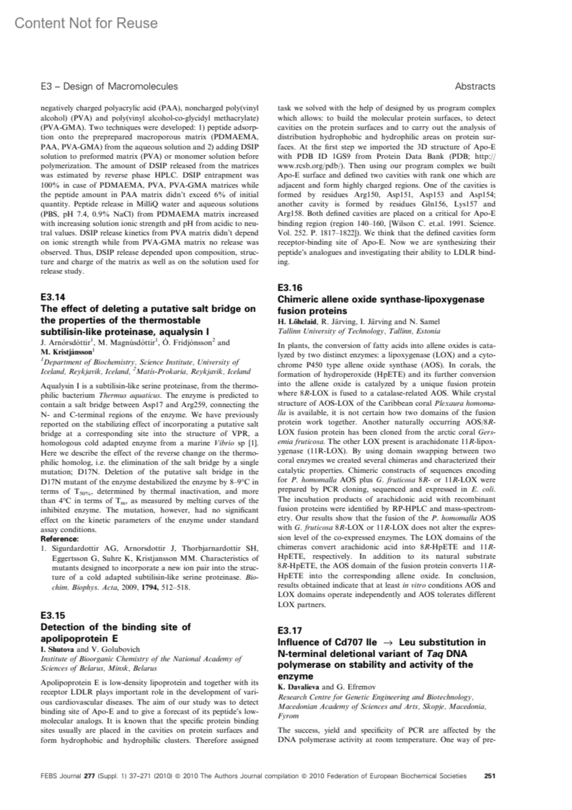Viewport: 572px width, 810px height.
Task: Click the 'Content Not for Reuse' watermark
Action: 86,23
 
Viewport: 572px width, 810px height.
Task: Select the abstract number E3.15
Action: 53,615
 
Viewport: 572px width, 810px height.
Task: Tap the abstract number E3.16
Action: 290,288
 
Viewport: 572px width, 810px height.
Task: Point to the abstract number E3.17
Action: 290,631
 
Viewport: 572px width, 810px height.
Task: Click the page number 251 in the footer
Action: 490,776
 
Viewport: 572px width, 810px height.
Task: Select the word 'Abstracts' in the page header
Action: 475,86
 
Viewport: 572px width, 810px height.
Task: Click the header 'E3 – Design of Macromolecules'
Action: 109,86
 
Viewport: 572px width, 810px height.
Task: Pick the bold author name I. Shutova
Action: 58,649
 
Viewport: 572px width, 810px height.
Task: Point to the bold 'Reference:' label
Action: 60,539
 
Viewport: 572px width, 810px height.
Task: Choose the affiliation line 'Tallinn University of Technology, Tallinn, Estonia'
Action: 359,331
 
